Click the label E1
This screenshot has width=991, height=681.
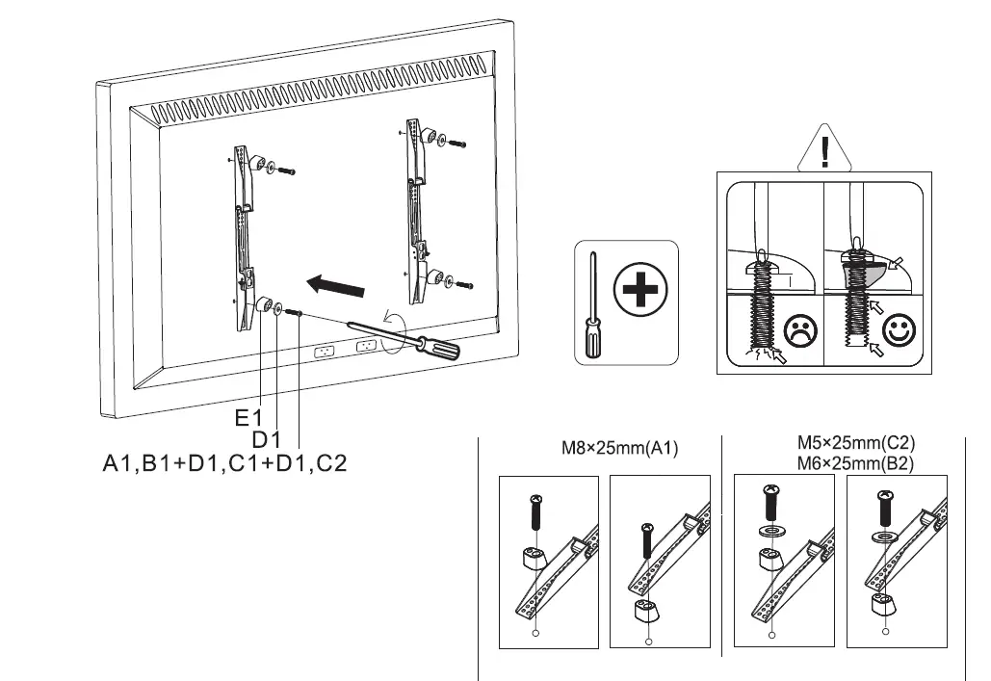tap(248, 419)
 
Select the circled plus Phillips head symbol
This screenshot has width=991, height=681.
tap(639, 293)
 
